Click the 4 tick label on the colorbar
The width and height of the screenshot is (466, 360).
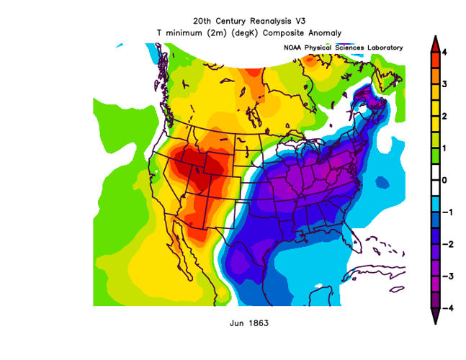pos(446,53)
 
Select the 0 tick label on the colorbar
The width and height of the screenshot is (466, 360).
pos(446,180)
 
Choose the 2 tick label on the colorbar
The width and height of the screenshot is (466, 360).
pos(446,116)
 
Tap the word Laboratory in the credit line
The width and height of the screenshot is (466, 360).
pos(380,48)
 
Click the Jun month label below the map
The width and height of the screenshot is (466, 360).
pos(237,323)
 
